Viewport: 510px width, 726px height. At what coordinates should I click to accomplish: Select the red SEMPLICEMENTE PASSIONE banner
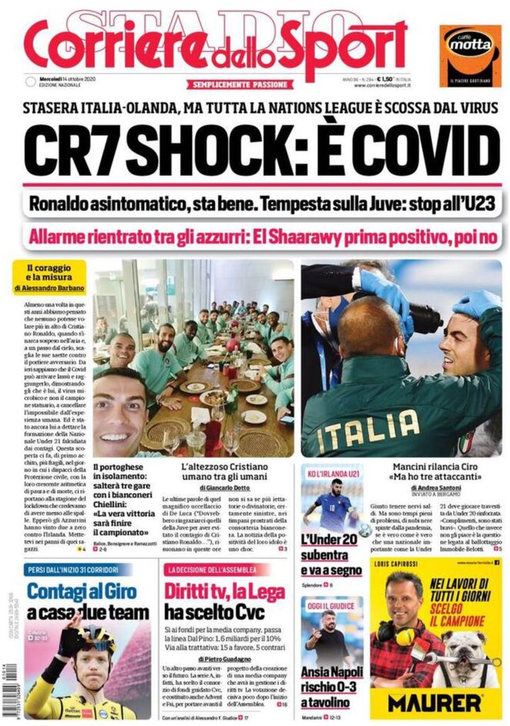pos(240,84)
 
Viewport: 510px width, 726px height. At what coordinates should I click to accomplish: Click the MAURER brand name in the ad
pos(435,703)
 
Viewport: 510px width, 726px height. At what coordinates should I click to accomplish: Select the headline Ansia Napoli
pos(330,673)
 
